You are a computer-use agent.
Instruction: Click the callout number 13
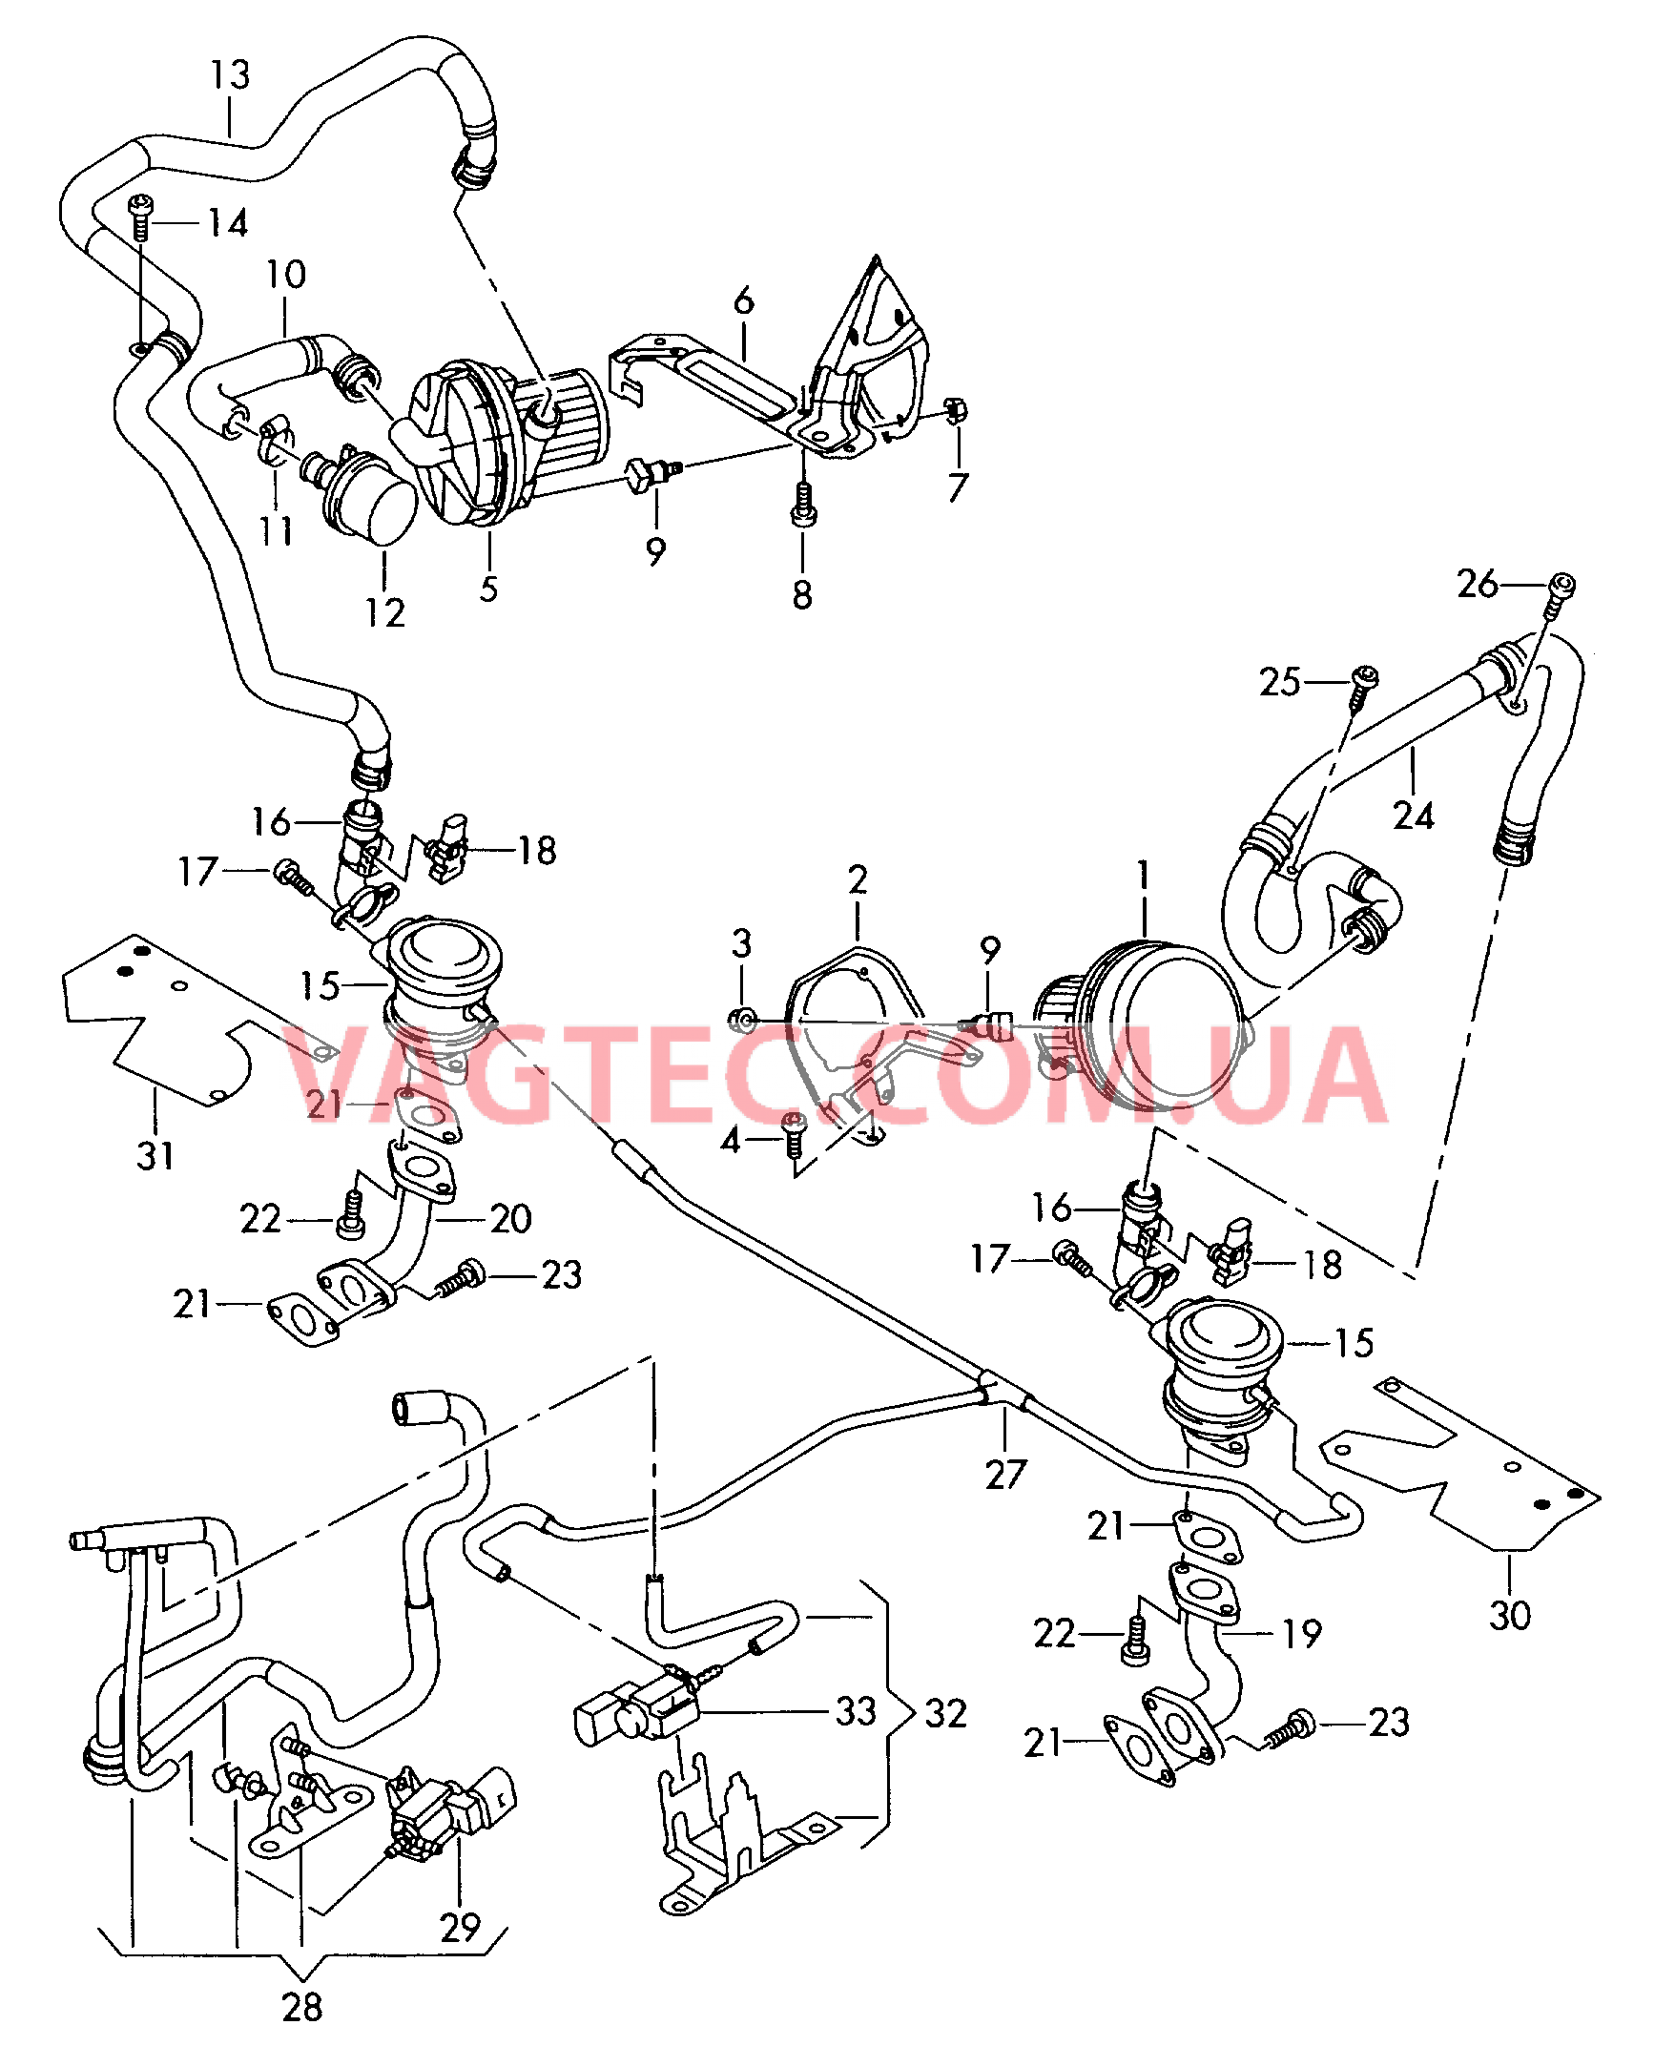tap(231, 74)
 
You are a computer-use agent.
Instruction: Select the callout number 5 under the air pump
tap(489, 589)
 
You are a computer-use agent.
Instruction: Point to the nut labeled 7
tap(956, 412)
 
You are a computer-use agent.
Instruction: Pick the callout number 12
tap(385, 611)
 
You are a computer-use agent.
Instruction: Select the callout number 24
tap(1414, 816)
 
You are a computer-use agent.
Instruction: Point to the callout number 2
tap(858, 879)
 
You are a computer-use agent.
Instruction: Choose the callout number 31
tap(155, 1155)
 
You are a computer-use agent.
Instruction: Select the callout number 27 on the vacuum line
tap(1005, 1473)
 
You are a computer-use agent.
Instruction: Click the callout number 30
tap(1510, 1614)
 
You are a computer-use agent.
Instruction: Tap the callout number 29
tap(460, 1927)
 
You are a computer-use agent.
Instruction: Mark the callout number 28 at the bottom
tap(302, 2007)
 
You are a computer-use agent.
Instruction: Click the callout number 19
tap(1302, 1633)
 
